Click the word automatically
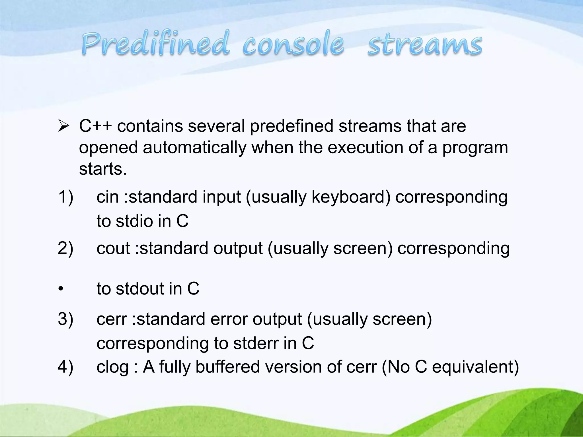click(194, 148)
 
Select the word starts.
click(103, 169)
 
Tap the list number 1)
click(65, 197)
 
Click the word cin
click(107, 197)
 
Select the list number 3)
click(65, 319)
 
